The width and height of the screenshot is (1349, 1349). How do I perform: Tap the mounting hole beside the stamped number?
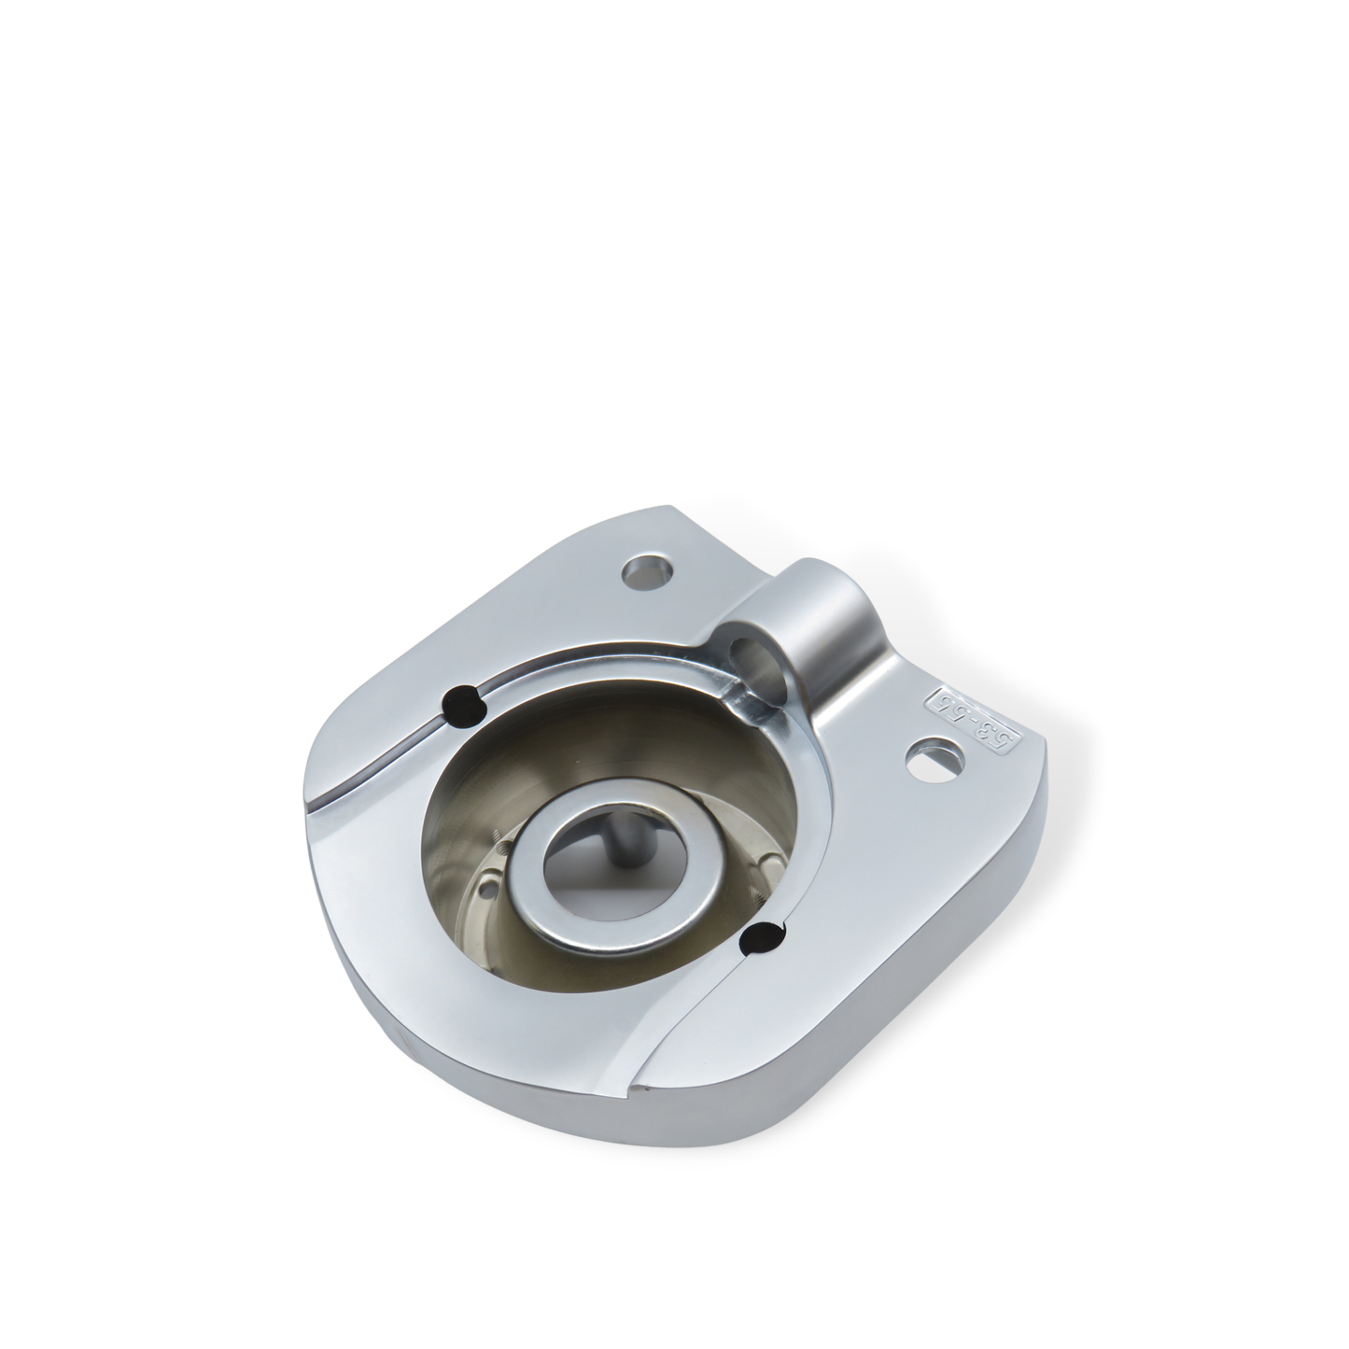coord(931,753)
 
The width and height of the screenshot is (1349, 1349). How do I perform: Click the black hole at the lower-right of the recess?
coord(763,937)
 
